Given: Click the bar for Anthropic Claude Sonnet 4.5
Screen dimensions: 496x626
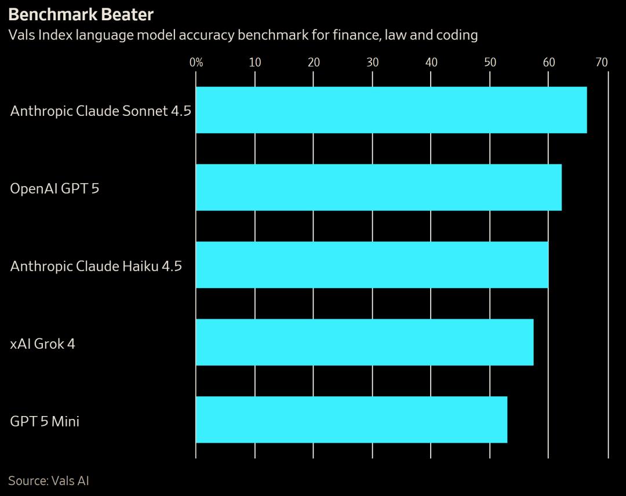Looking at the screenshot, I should tap(391, 110).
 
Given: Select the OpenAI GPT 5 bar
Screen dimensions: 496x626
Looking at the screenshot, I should tap(378, 188).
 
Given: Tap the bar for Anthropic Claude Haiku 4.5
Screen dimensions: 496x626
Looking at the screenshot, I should tap(372, 265).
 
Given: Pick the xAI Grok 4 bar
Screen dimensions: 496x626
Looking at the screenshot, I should tap(365, 342).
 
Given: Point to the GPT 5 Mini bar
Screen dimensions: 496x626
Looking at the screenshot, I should tap(351, 420).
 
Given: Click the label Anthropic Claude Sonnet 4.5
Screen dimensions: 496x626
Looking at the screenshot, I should tap(100, 111).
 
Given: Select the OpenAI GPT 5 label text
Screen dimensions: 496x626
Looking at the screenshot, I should tap(54, 188).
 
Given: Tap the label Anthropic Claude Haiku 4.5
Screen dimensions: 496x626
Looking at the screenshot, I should tap(96, 266).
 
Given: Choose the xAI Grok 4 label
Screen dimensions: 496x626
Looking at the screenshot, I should tap(42, 344).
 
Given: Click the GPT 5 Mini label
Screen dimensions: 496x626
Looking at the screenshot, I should tap(45, 421).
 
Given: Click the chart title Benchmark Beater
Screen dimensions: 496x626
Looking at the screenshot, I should tap(81, 14).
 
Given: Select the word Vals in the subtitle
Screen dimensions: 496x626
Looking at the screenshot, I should tap(21, 35).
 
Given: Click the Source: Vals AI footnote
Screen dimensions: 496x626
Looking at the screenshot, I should tap(49, 480).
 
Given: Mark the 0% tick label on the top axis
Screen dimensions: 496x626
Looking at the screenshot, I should tap(196, 62).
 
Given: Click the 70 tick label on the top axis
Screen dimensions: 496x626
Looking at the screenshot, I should tap(602, 62).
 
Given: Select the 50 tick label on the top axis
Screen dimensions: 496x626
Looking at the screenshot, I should tap(490, 62).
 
